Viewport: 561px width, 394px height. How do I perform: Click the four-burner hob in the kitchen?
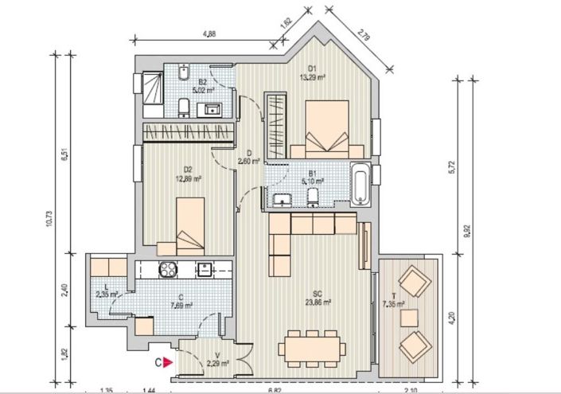click(169, 269)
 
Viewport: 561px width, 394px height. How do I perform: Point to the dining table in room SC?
click(312, 347)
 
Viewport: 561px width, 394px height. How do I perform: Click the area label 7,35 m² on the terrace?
click(393, 303)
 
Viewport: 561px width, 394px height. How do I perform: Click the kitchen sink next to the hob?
click(205, 269)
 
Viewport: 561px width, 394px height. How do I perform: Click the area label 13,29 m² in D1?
click(312, 77)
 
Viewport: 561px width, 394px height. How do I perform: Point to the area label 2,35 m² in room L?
click(107, 294)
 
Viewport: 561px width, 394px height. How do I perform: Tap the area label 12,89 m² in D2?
click(189, 179)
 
